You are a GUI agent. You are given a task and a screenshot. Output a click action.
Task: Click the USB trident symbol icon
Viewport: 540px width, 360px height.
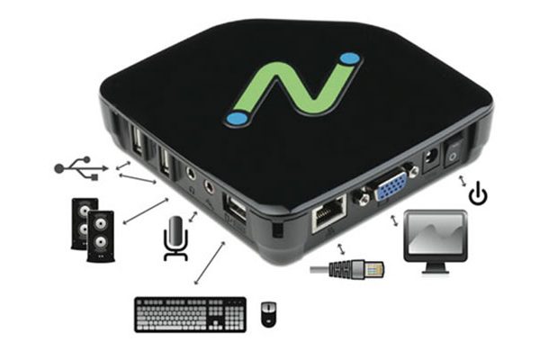click(78, 167)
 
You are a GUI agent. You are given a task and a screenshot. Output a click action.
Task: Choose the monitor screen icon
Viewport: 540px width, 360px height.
click(436, 236)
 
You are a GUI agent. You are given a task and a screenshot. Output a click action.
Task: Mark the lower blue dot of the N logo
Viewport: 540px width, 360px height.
click(237, 117)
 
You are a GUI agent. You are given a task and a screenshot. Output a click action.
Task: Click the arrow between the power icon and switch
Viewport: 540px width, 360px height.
click(465, 182)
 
